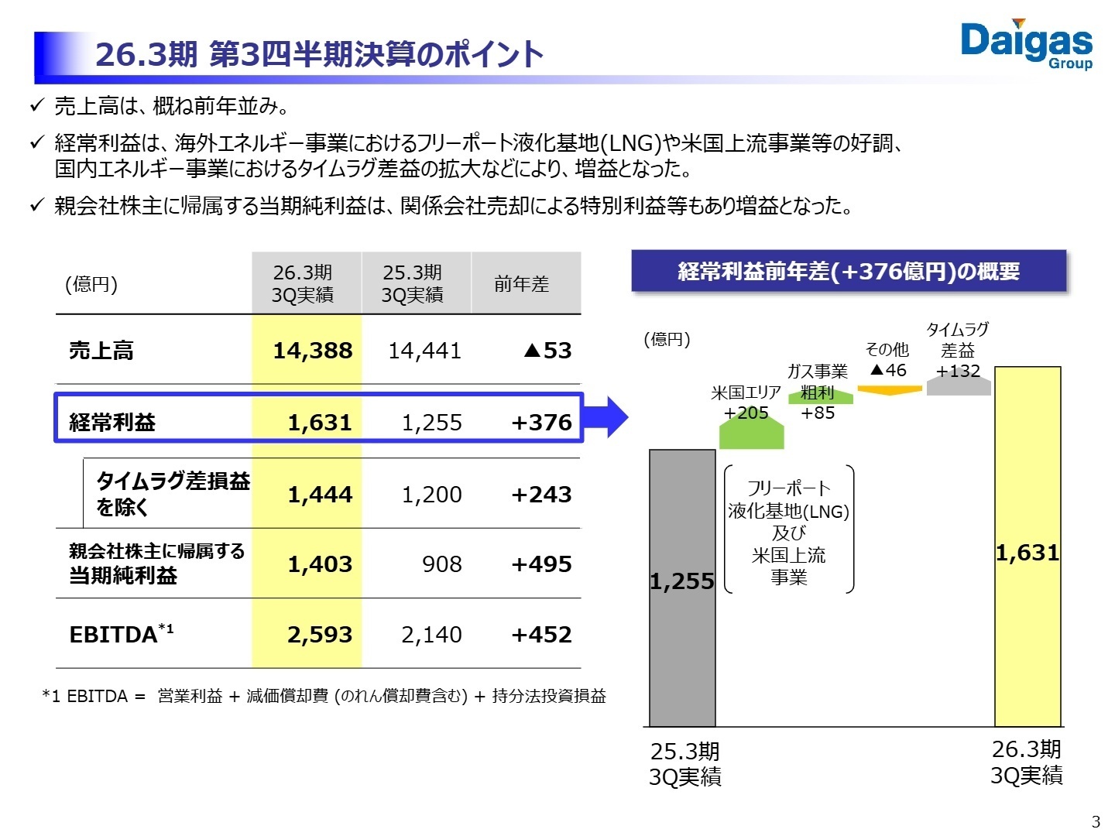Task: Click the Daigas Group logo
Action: coord(1026,44)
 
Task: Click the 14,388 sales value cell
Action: coord(312,351)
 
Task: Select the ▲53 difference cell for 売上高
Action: coord(547,351)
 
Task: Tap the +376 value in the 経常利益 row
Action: coord(541,422)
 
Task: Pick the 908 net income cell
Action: coord(441,564)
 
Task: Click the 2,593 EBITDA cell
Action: coord(319,635)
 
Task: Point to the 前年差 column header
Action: coord(521,284)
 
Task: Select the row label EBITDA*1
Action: coord(122,634)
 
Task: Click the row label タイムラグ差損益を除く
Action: coord(172,494)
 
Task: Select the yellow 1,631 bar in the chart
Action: coord(1027,546)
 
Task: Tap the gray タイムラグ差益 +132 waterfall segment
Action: coord(959,385)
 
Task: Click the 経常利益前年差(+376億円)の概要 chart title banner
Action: coord(849,271)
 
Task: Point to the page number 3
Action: coord(1095,822)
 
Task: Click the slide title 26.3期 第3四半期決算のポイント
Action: coord(319,55)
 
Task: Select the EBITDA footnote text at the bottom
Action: coord(324,696)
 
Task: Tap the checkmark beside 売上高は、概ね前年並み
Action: coord(36,105)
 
